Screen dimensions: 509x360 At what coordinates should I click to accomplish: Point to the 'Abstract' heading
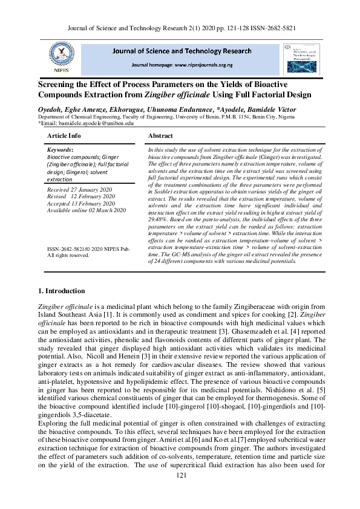[x=160, y=136]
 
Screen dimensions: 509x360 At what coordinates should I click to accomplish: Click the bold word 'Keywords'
[x=59, y=149]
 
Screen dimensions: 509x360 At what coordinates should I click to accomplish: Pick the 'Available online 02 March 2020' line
[x=87, y=210]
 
